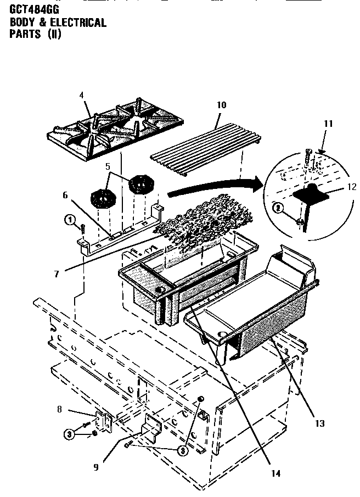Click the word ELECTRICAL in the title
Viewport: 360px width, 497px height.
[76, 23]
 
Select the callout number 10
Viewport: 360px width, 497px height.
[222, 105]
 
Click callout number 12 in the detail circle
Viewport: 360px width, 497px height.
[352, 187]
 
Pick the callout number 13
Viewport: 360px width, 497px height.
[319, 423]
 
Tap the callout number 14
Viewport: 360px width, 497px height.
[275, 473]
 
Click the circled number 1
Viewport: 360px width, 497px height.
[69, 220]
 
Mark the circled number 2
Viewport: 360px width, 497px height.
[279, 208]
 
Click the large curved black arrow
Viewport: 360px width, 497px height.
[214, 187]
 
